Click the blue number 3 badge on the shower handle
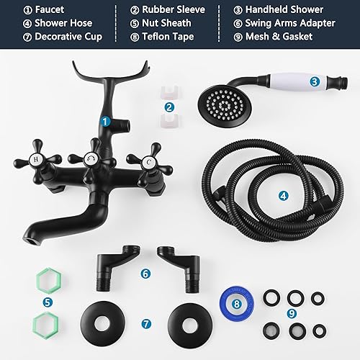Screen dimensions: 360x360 315,81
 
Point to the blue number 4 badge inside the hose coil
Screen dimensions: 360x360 284,194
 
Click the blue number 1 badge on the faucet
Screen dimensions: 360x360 105,122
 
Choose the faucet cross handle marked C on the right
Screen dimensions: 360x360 146,162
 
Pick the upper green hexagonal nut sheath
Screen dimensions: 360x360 46,279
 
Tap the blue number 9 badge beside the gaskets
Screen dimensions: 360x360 291,313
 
